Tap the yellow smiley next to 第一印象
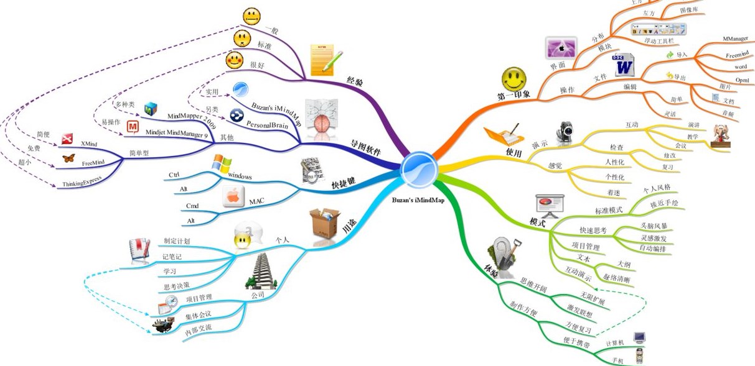coord(514,79)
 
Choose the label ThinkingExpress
coord(83,184)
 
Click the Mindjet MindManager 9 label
coord(176,131)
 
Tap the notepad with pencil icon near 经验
coord(325,60)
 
